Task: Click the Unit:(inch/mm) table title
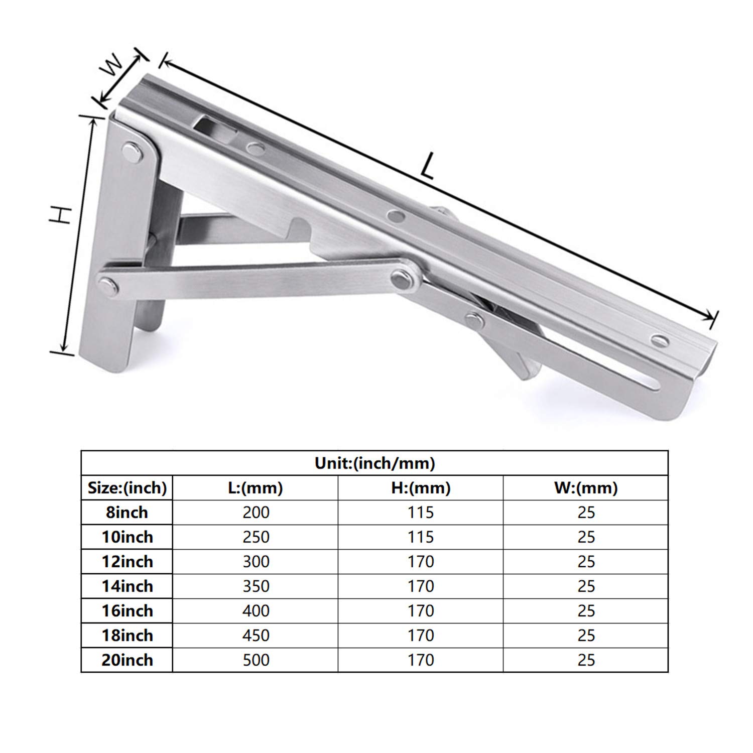coord(374,463)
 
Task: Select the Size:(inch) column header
coord(127,487)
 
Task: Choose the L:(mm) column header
coord(256,487)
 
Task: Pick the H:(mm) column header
coord(421,487)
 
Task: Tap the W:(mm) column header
coord(586,487)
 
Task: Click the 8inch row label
coord(127,513)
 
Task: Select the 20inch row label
coord(127,660)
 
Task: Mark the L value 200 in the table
coord(256,513)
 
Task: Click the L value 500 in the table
coord(256,660)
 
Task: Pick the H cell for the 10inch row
coord(421,537)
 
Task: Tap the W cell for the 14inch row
coord(586,586)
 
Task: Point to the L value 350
coord(256,586)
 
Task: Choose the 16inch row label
coord(127,611)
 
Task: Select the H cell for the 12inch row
coord(421,562)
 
